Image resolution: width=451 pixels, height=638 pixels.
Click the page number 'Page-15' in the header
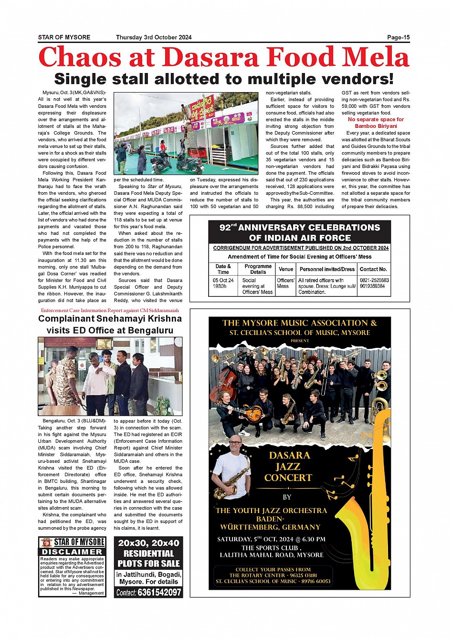click(x=398, y=37)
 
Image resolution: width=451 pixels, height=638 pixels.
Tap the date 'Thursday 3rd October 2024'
click(x=154, y=37)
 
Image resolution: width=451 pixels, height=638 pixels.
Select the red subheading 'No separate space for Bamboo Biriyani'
click(x=376, y=123)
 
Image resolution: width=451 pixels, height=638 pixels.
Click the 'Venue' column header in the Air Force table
click(x=286, y=269)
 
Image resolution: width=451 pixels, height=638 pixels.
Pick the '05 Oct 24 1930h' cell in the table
click(x=223, y=283)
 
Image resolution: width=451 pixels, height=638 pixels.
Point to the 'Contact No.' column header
click(x=373, y=269)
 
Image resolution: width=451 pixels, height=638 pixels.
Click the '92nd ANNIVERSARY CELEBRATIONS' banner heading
click(x=300, y=228)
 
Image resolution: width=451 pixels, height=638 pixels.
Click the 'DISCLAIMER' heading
click(x=72, y=552)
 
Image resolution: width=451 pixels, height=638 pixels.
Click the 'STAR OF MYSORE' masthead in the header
click(x=64, y=37)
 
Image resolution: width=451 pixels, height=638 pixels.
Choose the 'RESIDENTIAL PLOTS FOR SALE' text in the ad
click(x=148, y=558)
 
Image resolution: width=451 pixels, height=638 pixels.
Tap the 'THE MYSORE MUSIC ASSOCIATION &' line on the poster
click(x=299, y=323)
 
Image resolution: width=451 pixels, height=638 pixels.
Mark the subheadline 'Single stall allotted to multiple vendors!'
click(x=224, y=79)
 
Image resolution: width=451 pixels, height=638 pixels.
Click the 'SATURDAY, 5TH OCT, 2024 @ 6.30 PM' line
click(x=271, y=539)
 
